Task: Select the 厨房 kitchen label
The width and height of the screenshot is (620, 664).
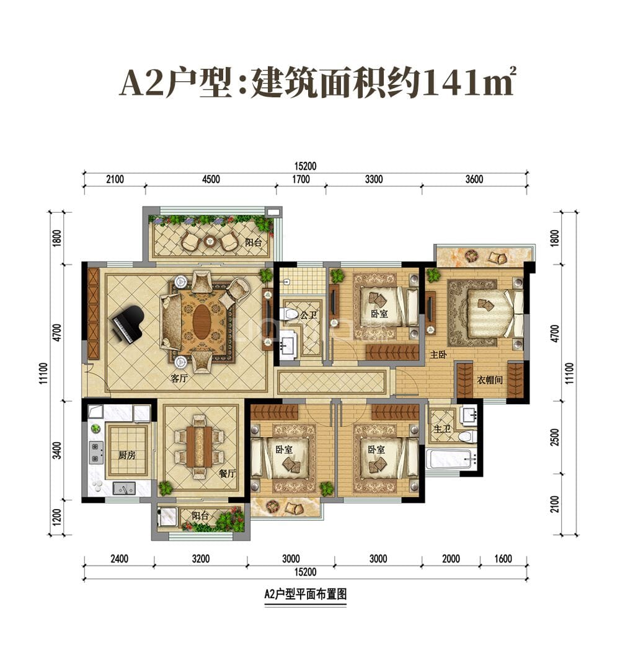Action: [126, 454]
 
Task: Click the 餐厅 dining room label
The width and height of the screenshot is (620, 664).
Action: [228, 473]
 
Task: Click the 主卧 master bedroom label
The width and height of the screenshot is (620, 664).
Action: [439, 354]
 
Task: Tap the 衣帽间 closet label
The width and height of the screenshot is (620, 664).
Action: [489, 379]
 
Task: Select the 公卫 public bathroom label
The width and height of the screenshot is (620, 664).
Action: [308, 314]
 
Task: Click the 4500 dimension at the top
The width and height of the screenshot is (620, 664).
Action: [211, 180]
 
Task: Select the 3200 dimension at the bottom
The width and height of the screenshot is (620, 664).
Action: [200, 559]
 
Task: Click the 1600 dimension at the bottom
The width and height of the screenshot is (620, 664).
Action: [503, 559]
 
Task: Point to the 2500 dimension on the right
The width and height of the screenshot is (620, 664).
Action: [555, 436]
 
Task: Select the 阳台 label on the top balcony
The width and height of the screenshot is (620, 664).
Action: [253, 244]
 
